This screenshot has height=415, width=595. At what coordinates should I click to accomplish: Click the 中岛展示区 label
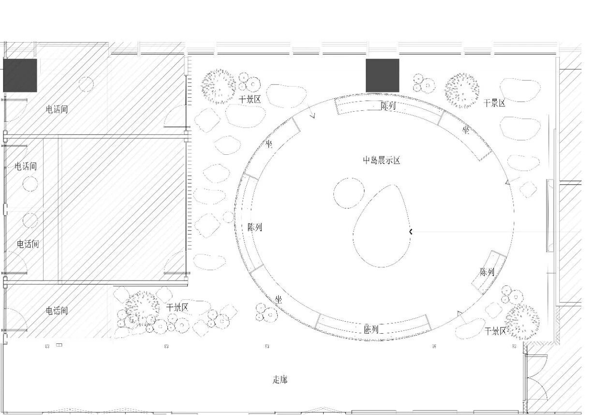point(382,161)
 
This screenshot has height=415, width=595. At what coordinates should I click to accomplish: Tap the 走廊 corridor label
point(280,380)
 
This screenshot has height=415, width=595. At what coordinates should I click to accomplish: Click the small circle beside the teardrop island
point(349,193)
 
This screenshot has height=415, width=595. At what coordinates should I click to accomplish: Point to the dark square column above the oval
point(382,75)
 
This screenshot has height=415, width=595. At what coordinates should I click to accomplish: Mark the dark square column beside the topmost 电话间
point(20,75)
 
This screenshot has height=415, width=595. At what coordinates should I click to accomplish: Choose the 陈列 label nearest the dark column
point(388,105)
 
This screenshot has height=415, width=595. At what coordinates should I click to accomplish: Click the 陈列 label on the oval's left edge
point(255,227)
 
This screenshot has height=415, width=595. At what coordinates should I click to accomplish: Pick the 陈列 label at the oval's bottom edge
point(371,330)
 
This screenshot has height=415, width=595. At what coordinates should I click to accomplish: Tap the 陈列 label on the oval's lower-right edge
point(487,272)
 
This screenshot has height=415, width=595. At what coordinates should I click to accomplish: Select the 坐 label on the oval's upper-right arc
point(466,130)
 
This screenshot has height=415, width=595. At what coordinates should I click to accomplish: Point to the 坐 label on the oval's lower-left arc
point(279,300)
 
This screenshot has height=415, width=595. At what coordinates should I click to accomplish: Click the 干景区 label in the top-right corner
point(494,103)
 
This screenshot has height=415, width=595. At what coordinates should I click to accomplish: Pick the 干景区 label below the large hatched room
point(177,308)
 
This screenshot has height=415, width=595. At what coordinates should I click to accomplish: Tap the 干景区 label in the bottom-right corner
point(495,331)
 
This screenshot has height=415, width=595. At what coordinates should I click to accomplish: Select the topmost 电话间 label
point(57,109)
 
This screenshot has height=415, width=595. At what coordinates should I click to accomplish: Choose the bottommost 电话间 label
point(57,311)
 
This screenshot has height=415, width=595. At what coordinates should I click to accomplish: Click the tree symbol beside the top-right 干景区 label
point(462,90)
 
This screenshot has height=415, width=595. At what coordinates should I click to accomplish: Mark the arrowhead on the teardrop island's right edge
point(411,232)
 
